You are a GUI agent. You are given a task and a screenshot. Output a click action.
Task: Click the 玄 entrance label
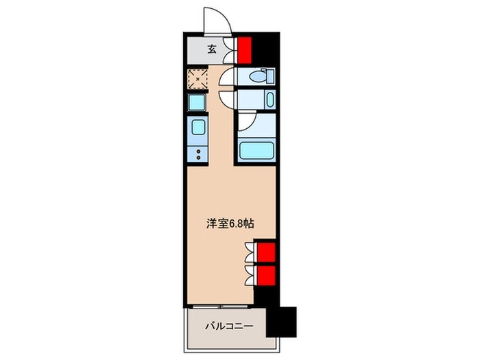pyautogui.click(x=211, y=49)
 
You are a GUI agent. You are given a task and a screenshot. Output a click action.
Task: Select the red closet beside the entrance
pyautogui.click(x=245, y=49)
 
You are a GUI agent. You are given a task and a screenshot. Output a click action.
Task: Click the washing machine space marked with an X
pyautogui.click(x=199, y=80)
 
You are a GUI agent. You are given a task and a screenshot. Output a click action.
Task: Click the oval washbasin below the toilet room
pyautogui.click(x=269, y=99)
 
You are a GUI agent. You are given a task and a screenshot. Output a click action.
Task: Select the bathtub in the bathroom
pyautogui.click(x=255, y=149)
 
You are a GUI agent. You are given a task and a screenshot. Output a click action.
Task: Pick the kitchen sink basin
pyautogui.click(x=199, y=128)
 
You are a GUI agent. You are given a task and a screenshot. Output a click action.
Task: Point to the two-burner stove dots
pyautogui.click(x=199, y=154)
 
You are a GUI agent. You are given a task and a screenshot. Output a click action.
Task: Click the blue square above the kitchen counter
pyautogui.click(x=197, y=104)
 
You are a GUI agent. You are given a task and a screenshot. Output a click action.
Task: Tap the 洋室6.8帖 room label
pyautogui.click(x=232, y=223)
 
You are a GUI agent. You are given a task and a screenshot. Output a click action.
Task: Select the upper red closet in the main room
pyautogui.click(x=266, y=252)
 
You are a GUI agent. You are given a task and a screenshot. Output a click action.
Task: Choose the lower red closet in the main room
pyautogui.click(x=266, y=275)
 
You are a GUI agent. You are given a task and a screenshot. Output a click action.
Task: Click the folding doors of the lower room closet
pyautogui.click(x=250, y=276)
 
